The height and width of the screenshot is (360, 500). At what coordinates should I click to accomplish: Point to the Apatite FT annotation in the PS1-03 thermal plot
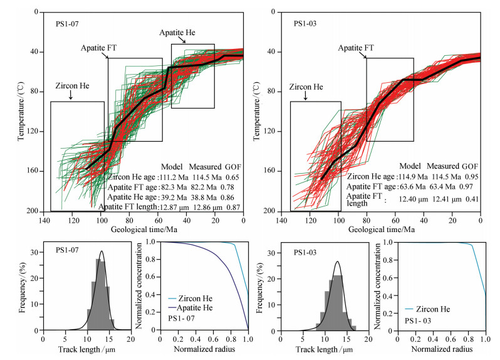(357, 47)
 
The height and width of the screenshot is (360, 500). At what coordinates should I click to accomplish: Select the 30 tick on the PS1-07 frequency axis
(36, 253)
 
